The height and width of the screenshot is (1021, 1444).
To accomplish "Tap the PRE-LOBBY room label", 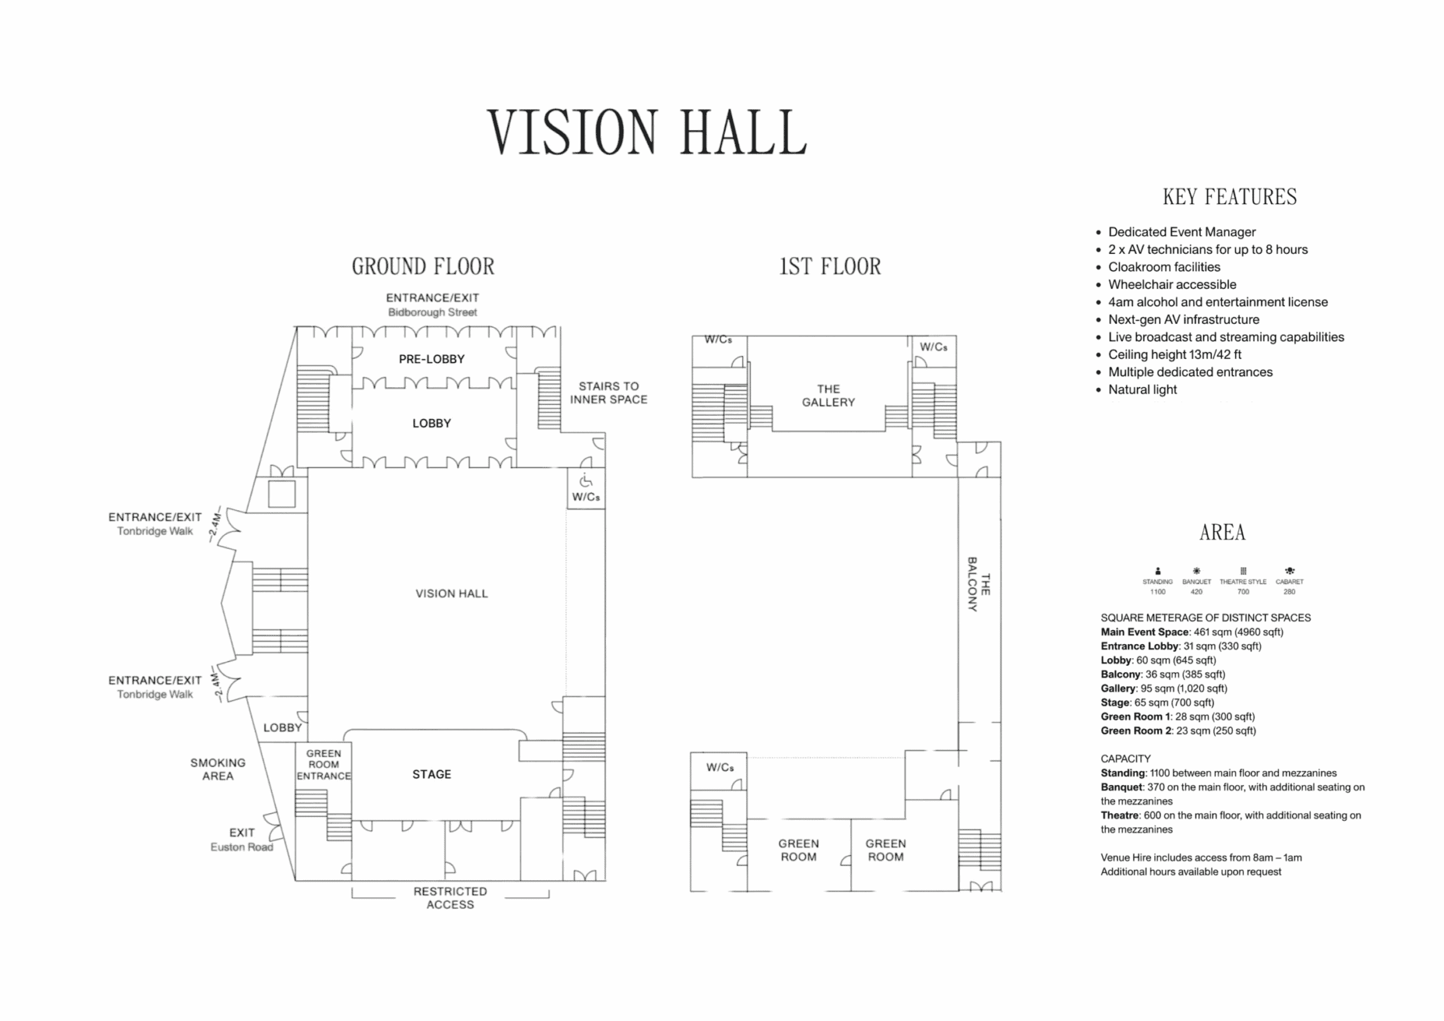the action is (432, 359).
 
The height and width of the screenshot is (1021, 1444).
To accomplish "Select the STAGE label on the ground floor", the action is (432, 774).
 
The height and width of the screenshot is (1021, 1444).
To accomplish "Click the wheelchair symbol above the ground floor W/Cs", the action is (585, 481).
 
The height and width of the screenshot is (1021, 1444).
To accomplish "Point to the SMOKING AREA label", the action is (218, 769).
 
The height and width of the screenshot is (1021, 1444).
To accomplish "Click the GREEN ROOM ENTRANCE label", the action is (323, 765).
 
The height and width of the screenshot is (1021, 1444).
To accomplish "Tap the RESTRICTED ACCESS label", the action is (450, 897).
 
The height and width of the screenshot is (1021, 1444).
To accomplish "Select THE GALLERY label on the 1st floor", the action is (828, 395).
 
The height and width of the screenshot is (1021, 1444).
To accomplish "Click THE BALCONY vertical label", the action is (979, 584).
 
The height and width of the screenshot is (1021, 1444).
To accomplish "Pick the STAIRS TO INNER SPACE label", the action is (608, 393).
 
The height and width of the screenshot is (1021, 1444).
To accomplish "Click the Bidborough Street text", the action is (432, 313).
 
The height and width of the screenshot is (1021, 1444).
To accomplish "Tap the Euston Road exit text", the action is (241, 847).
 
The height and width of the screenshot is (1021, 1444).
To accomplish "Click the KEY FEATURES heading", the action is (1230, 197).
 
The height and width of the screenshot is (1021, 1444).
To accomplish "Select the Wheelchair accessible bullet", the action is (1172, 284).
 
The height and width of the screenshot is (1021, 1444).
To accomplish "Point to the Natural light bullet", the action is (1142, 389).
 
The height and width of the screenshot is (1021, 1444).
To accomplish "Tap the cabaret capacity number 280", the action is (1289, 592).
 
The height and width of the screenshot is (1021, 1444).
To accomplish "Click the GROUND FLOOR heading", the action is (423, 266).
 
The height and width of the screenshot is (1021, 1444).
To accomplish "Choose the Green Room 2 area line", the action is (1178, 731).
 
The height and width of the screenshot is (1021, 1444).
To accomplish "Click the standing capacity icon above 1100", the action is (1158, 571).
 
